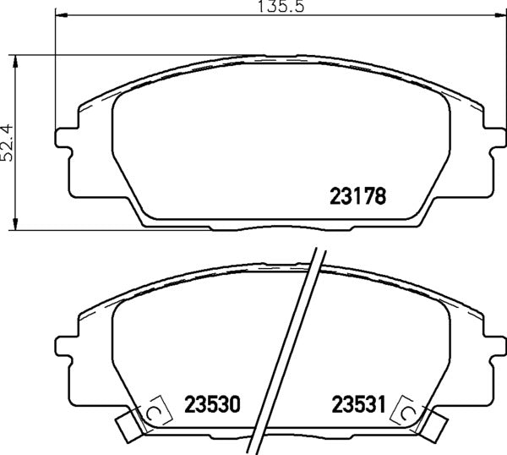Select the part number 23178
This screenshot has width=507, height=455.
click(x=357, y=198)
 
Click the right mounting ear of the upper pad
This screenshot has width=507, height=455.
click(x=495, y=139)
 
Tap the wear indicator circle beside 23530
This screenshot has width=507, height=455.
click(x=154, y=412)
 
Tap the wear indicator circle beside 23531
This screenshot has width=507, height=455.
click(x=408, y=412)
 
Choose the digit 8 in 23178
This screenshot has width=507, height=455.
click(x=381, y=198)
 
